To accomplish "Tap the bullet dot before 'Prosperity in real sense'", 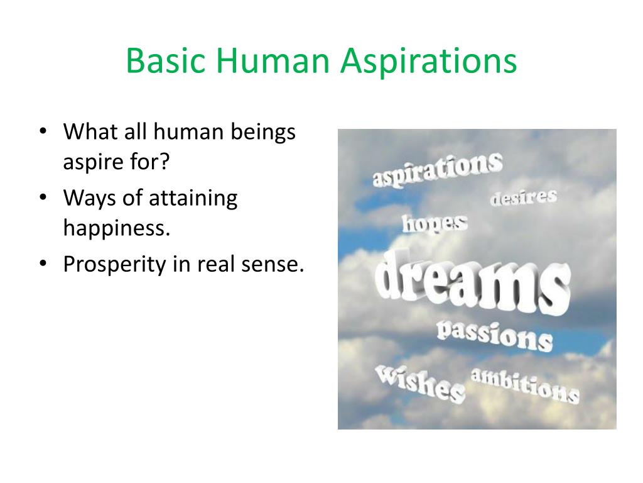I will click(x=42, y=265).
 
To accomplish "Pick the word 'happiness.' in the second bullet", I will click(x=117, y=228).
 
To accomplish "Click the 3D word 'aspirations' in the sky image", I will click(x=437, y=168).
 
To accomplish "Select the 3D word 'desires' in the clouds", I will click(x=523, y=197).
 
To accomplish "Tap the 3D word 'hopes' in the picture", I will click(x=435, y=223).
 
